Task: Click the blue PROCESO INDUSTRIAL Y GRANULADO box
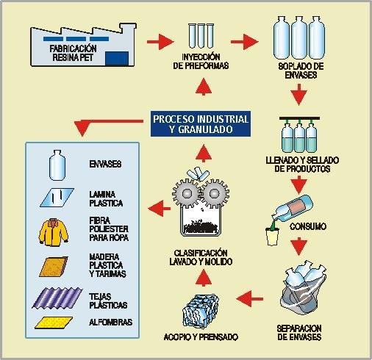tap(201, 124)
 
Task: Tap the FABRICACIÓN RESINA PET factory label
tap(73, 53)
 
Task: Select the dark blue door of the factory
tap(117, 59)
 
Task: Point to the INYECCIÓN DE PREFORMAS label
tap(201, 61)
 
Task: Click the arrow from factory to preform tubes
tap(160, 42)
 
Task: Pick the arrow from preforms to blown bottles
tap(244, 42)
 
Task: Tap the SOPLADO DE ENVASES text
tap(301, 71)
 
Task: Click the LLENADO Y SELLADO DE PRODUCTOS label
tap(302, 165)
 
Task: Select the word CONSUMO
tap(308, 226)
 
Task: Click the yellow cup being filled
tap(273, 237)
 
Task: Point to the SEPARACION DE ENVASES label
tap(299, 333)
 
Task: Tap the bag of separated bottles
tap(305, 289)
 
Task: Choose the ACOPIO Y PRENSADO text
tap(201, 337)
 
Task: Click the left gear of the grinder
tap(185, 192)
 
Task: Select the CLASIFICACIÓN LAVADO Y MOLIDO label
tap(201, 257)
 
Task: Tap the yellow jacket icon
tap(54, 232)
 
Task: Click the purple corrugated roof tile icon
tap(57, 298)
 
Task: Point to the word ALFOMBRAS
tap(110, 322)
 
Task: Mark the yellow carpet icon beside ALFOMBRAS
tap(54, 323)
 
